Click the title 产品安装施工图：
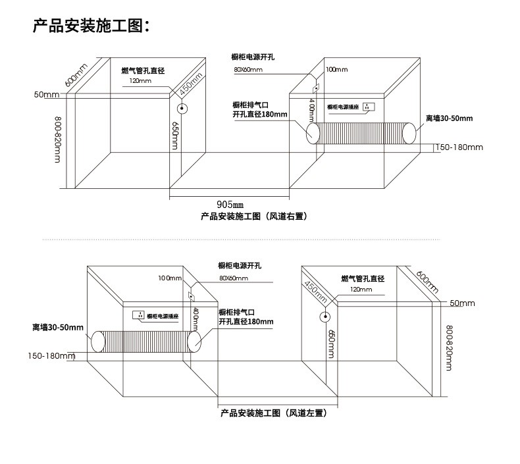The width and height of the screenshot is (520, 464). click(92, 27)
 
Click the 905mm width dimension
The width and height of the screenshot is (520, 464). click(230, 204)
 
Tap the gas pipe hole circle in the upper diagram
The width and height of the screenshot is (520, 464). click(182, 109)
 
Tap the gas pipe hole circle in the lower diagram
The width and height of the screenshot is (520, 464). click(325, 317)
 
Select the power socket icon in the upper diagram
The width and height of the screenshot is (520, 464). click(371, 106)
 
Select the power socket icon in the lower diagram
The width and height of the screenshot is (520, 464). click(139, 315)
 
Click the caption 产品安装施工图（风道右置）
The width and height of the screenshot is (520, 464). click(254, 217)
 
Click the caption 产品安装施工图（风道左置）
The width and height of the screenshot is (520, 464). click(273, 413)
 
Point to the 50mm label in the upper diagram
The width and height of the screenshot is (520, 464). click(47, 95)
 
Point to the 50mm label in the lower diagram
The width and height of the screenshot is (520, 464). click(462, 303)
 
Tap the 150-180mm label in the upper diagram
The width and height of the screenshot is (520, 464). click(459, 147)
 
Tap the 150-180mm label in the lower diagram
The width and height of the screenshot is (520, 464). click(52, 356)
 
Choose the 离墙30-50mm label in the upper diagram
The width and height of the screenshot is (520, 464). click(449, 118)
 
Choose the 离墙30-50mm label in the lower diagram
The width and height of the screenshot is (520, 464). click(58, 327)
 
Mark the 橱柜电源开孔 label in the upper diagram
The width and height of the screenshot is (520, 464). click(253, 57)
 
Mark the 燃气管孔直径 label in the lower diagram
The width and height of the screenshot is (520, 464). click(363, 279)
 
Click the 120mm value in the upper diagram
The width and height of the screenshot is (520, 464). click(140, 81)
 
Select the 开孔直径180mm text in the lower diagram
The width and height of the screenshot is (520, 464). click(246, 321)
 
